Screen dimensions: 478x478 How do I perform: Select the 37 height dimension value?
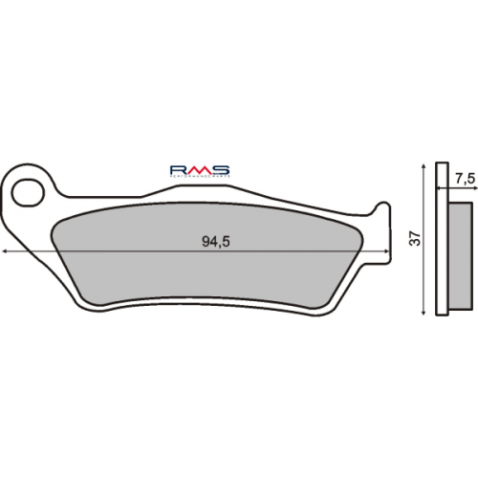click(414, 240)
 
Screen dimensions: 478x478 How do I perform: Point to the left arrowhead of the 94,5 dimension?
click(8, 251)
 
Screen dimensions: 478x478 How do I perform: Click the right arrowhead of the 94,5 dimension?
click(385, 251)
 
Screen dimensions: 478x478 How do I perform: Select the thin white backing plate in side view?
click(440, 240)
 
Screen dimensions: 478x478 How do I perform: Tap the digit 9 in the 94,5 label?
click(206, 242)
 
